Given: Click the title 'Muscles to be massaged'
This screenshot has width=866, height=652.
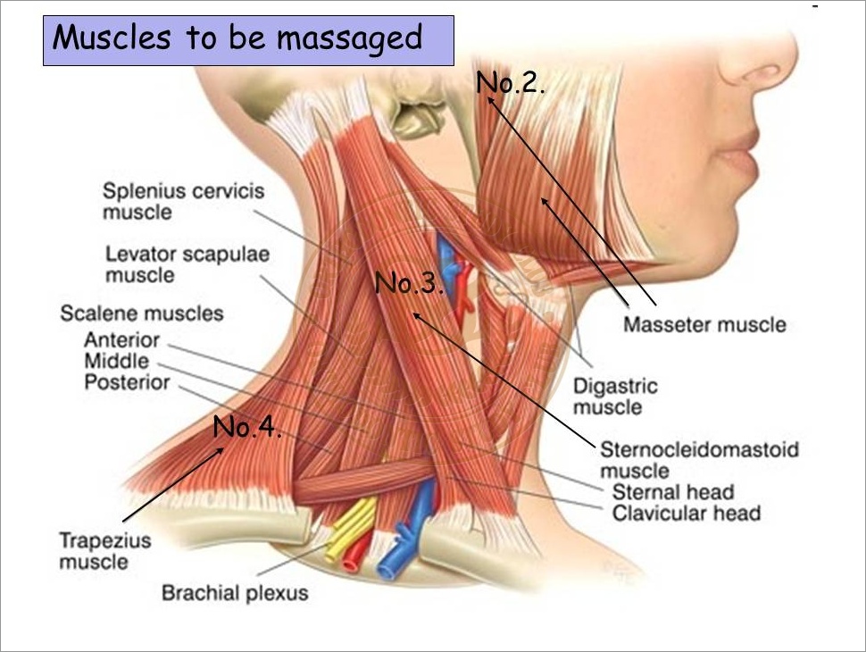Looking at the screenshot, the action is [x=237, y=38].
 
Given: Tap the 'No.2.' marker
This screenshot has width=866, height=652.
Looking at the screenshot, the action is [x=511, y=82].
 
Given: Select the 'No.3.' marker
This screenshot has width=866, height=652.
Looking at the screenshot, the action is [x=409, y=283].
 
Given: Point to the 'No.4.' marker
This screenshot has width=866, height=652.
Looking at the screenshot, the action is [x=247, y=427].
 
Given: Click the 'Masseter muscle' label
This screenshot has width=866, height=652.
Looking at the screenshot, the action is [x=704, y=324].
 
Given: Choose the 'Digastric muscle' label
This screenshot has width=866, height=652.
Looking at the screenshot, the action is [x=615, y=397].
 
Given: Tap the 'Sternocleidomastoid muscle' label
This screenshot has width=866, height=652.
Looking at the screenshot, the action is [x=699, y=460].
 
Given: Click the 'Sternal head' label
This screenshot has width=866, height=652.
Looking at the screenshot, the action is [x=673, y=492].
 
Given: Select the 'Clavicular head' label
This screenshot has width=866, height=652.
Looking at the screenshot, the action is [x=687, y=513].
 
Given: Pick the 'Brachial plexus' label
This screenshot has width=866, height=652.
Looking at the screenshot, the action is [x=235, y=593].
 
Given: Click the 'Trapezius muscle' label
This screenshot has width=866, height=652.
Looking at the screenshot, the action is [x=105, y=551].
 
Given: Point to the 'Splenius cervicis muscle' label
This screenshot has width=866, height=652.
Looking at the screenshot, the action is [x=183, y=201].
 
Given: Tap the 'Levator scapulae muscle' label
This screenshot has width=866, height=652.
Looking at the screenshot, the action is [x=187, y=264].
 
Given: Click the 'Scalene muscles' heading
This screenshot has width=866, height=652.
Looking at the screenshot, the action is [x=142, y=313].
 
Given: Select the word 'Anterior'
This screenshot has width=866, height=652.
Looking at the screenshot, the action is [x=122, y=339].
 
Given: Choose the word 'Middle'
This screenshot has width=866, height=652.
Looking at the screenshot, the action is [x=117, y=361].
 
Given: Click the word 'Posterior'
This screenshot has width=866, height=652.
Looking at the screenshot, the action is [x=127, y=381].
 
